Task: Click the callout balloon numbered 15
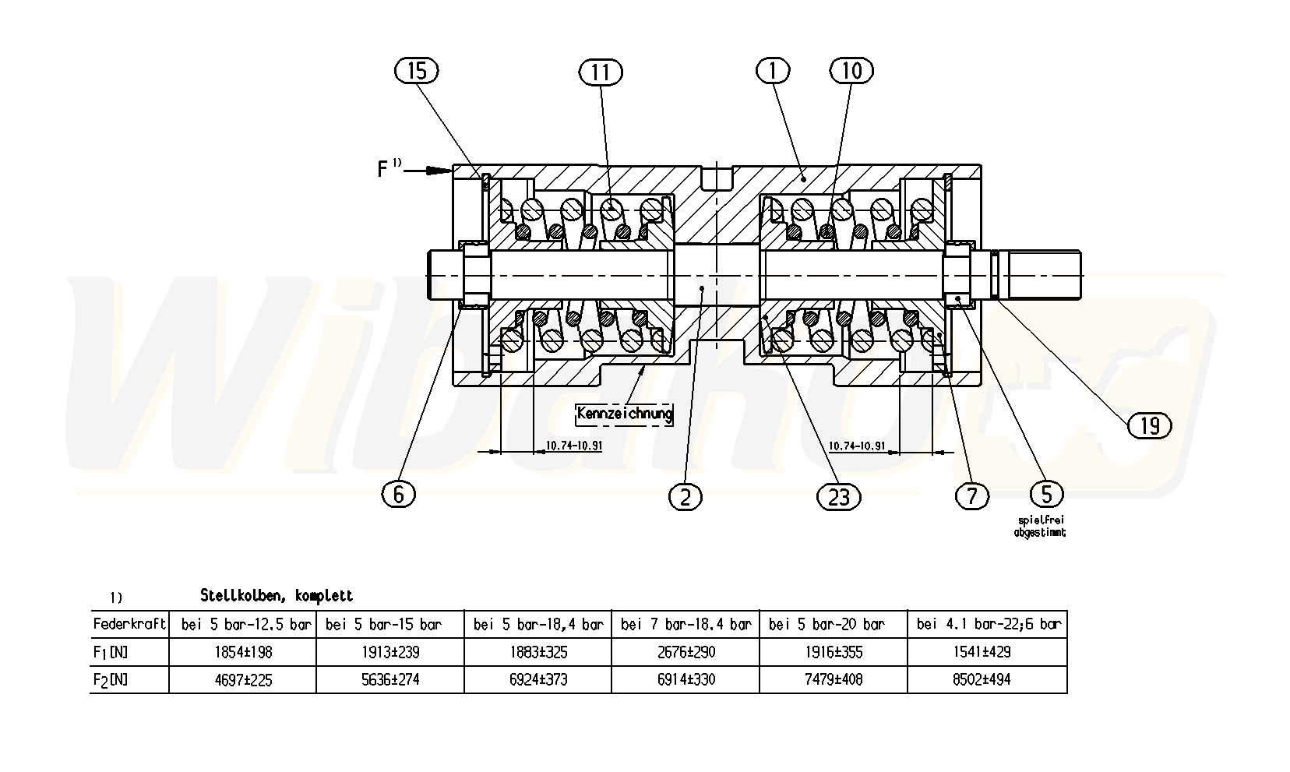pos(417,72)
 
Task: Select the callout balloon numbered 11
pos(601,72)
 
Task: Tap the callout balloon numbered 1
pos(773,71)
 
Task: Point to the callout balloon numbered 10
pos(851,71)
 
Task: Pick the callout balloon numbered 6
pos(399,494)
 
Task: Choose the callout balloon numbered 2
pos(686,496)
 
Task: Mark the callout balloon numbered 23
pos(838,496)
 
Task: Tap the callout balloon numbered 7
pos(971,496)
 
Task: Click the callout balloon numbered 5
pos(1046,494)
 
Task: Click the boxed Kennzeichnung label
pos(624,413)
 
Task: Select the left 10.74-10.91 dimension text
pos(573,446)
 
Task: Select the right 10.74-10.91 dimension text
pos(857,446)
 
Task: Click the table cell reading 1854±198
pos(243,652)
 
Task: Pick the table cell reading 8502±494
pos(987,679)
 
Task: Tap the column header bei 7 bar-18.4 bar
pos(686,624)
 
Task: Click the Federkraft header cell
pos(129,624)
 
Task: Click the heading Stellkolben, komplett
pos(277,596)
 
